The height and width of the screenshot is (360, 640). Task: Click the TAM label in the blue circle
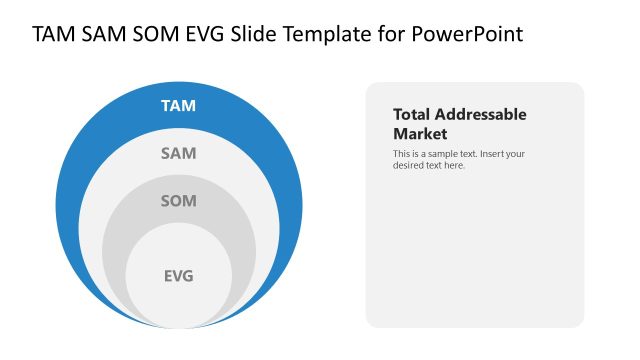[x=179, y=105]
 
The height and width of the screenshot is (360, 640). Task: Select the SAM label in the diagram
[x=179, y=154]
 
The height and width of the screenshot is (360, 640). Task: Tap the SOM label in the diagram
[x=179, y=201]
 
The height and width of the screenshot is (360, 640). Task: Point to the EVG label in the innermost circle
[x=179, y=276]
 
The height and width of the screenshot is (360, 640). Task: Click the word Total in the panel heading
[x=413, y=115]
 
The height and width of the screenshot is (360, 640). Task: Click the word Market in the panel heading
[x=420, y=134]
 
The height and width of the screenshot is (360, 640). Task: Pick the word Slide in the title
[x=256, y=35]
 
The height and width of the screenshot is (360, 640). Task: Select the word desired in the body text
[x=408, y=165]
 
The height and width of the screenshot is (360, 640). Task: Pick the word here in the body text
[x=454, y=165]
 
